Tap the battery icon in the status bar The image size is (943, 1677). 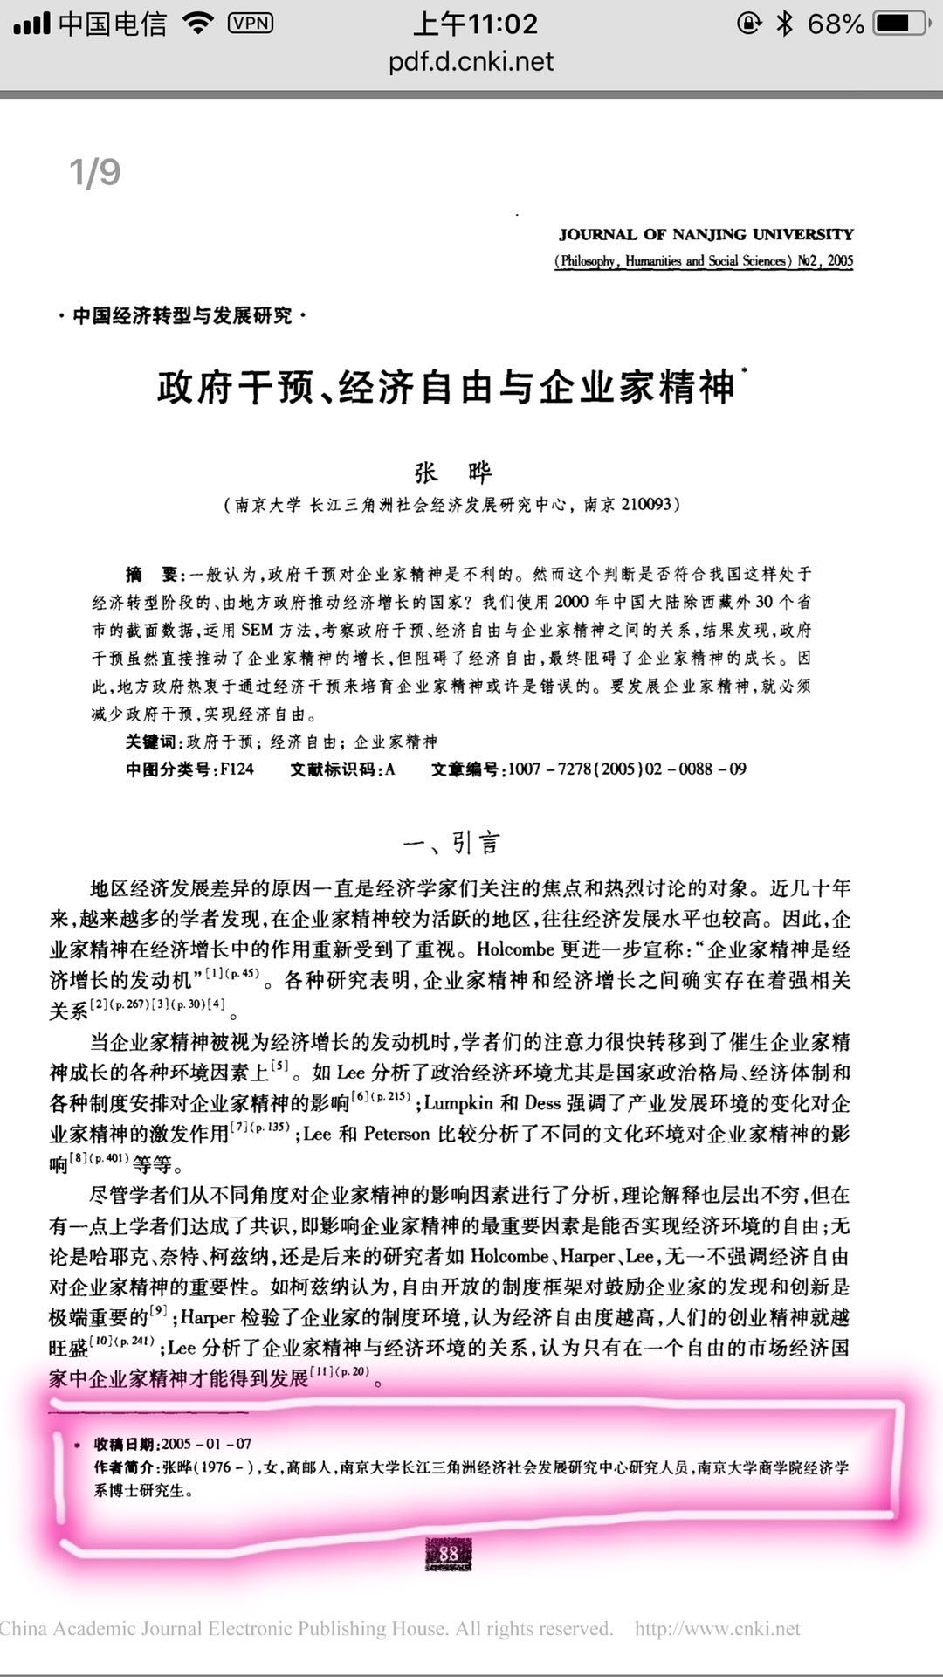tap(900, 24)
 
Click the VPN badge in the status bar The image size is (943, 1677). tap(251, 24)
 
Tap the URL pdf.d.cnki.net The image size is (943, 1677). tap(471, 61)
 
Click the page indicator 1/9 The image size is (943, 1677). tap(94, 173)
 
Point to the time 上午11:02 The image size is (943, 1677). tap(475, 24)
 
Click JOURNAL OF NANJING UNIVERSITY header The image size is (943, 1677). tap(706, 234)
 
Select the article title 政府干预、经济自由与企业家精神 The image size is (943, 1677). tap(445, 387)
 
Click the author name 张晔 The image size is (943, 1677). tap(453, 473)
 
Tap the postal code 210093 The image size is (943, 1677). tap(645, 504)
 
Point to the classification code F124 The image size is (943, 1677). tap(237, 769)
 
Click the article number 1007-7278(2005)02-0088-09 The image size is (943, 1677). tap(627, 769)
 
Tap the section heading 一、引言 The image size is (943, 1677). tap(451, 843)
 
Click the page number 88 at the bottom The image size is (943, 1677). tap(449, 1554)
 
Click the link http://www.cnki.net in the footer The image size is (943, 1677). tap(717, 1629)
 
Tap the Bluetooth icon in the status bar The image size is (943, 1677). tap(784, 24)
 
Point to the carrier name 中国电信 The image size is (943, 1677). tap(113, 24)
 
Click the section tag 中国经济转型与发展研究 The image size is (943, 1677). tap(182, 315)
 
